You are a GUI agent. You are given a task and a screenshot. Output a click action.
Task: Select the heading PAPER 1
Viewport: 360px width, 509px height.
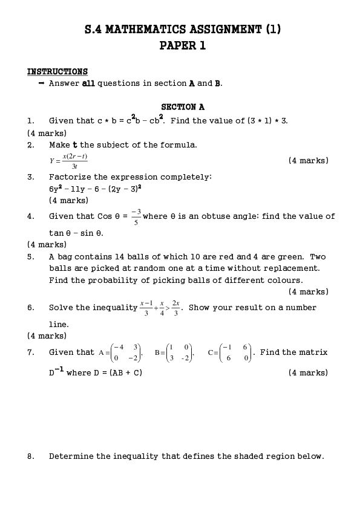[182, 45]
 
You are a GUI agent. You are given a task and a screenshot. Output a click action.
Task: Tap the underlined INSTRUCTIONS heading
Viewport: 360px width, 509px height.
[57, 71]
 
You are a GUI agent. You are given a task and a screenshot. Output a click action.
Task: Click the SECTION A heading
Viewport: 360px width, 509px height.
[183, 107]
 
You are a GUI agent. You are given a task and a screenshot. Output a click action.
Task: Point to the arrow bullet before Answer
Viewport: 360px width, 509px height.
[41, 83]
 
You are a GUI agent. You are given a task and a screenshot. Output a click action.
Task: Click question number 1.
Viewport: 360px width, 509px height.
[30, 120]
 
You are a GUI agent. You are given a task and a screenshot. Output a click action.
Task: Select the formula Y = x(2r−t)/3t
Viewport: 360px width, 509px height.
[68, 161]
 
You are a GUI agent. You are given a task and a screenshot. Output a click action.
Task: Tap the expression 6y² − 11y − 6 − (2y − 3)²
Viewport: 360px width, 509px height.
[95, 189]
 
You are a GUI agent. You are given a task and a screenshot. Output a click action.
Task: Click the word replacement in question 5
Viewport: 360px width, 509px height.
[293, 268]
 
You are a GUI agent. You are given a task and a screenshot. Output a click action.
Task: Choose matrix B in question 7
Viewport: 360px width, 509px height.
[174, 352]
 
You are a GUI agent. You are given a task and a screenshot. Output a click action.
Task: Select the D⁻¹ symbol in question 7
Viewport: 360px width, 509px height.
[56, 372]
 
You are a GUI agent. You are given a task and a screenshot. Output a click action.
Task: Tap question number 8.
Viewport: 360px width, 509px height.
[30, 456]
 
